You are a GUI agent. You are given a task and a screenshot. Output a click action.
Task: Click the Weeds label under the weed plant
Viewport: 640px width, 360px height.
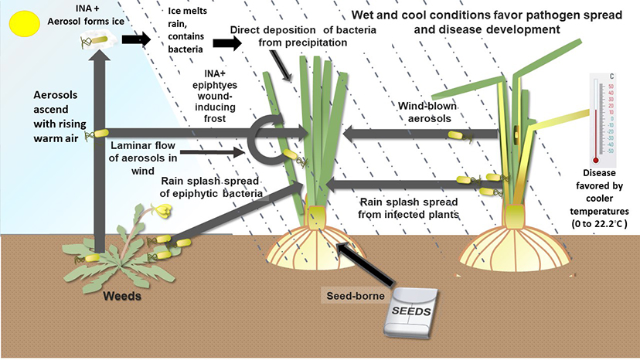(x=124, y=294)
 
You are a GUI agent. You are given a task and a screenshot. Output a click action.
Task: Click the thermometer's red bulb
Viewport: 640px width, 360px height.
(x=595, y=160)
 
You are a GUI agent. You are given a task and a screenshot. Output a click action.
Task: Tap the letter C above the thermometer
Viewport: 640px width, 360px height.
(x=611, y=75)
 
